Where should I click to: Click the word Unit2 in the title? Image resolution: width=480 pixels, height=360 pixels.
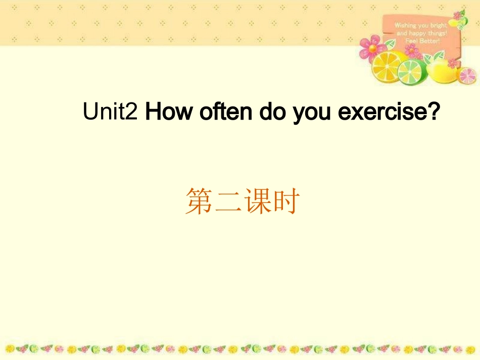point(110,112)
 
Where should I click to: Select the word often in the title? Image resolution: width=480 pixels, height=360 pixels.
point(225,112)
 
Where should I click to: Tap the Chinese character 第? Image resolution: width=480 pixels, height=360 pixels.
point(199,201)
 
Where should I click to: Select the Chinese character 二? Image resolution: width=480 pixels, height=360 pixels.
point(227,201)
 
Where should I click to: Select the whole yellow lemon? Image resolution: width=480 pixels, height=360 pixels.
point(441,69)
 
